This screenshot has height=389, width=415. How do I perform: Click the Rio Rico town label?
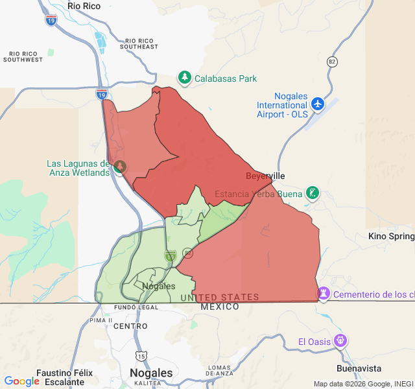(x=84, y=6)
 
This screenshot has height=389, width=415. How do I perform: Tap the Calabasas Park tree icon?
(x=185, y=78)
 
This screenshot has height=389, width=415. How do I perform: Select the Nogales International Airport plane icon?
(x=317, y=104)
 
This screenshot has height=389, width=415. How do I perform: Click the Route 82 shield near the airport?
(x=333, y=62)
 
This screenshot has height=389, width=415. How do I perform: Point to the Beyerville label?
(x=265, y=176)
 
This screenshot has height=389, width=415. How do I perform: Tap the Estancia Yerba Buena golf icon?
(x=313, y=193)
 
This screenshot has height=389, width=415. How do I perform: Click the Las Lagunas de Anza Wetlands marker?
(x=120, y=167)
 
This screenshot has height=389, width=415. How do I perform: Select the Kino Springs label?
(x=391, y=236)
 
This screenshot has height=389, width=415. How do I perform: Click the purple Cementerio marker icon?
(x=323, y=294)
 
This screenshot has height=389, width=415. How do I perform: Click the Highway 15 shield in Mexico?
(x=141, y=356)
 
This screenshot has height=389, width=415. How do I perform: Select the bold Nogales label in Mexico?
(x=151, y=373)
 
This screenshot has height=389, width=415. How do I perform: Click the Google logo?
(x=21, y=381)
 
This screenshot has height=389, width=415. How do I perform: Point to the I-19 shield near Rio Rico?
(x=51, y=21)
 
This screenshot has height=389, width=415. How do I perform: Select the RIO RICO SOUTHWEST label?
(x=23, y=56)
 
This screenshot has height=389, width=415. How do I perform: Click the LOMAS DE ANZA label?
(x=220, y=370)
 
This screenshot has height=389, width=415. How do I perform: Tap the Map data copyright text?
(x=363, y=383)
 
